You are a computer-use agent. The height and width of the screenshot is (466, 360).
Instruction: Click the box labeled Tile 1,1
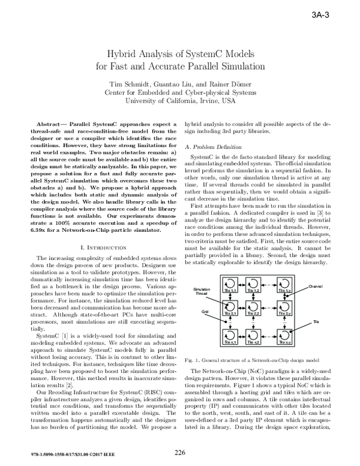tap(230, 284)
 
